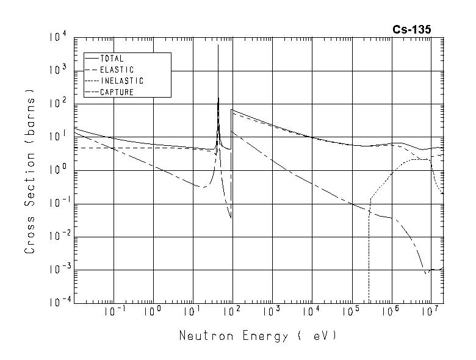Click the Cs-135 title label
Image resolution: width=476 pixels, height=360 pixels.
click(x=412, y=29)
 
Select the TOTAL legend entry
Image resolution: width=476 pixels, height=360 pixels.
click(x=112, y=59)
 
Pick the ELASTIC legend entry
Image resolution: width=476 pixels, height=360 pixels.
click(x=117, y=70)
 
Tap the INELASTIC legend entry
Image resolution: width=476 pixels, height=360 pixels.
click(x=121, y=81)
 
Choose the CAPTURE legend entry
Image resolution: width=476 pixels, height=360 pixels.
click(x=117, y=92)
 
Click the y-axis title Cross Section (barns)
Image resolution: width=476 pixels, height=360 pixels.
click(x=30, y=171)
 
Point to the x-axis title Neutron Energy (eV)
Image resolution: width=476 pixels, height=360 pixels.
click(x=258, y=336)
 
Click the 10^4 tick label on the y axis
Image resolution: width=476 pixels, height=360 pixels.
click(x=59, y=38)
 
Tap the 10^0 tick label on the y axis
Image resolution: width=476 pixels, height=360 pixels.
click(x=59, y=171)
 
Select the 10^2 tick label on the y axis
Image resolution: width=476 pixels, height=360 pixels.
click(x=59, y=104)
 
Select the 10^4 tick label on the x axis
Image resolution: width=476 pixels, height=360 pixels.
click(x=311, y=312)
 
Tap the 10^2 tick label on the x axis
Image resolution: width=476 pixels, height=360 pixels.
click(x=232, y=312)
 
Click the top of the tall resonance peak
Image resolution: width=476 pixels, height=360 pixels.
click(x=218, y=45)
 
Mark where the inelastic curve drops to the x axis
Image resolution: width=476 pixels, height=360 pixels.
click(x=369, y=301)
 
